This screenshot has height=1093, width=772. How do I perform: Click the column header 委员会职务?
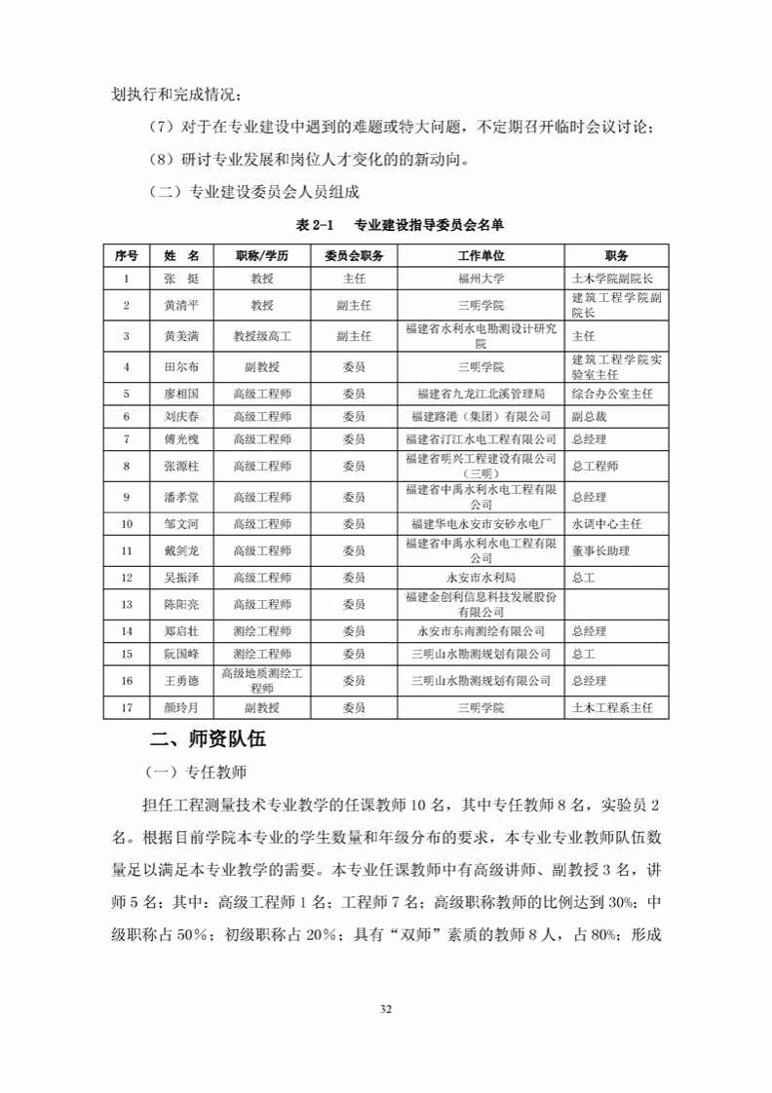(354, 256)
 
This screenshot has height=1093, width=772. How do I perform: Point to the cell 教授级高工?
(262, 335)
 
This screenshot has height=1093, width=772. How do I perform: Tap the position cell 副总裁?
(589, 416)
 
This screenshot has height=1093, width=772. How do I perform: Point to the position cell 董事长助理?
(600, 550)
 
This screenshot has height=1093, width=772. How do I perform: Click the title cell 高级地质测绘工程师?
(262, 680)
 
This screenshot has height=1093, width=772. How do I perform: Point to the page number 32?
(385, 1008)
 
